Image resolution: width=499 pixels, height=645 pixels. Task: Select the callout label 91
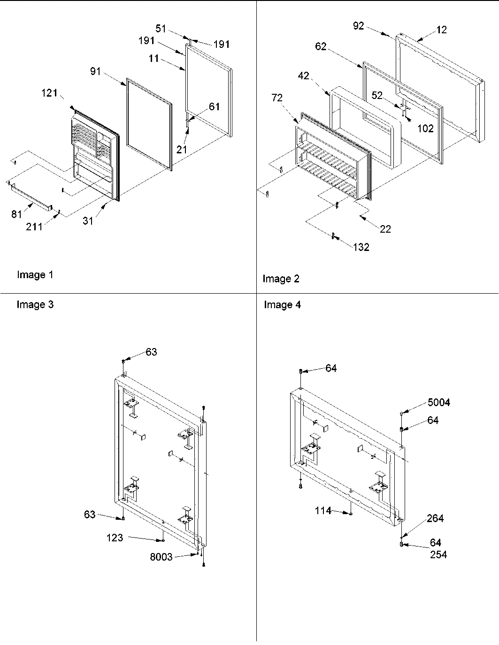click(x=95, y=72)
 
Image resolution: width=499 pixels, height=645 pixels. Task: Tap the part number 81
click(x=16, y=214)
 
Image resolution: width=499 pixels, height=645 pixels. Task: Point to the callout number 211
click(x=34, y=227)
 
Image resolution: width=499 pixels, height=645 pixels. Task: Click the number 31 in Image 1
click(x=88, y=221)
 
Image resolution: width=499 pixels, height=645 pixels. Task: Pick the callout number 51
click(x=161, y=29)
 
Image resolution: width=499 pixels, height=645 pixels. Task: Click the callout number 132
click(x=361, y=247)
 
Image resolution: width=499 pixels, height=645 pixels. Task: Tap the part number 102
click(x=425, y=128)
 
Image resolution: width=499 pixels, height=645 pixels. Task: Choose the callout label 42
click(x=304, y=76)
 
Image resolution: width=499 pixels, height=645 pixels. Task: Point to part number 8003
click(x=161, y=557)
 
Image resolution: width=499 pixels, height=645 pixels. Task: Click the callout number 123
click(x=115, y=538)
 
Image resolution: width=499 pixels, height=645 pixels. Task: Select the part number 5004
click(x=438, y=402)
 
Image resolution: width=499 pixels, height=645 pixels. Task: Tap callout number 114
click(x=323, y=510)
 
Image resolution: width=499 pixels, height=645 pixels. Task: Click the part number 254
click(x=438, y=555)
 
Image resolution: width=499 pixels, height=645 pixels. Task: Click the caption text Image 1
click(x=35, y=275)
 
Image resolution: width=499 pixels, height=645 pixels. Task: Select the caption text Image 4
click(x=282, y=305)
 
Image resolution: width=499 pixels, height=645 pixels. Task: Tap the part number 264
click(x=435, y=518)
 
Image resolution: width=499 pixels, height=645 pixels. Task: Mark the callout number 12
click(x=441, y=30)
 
